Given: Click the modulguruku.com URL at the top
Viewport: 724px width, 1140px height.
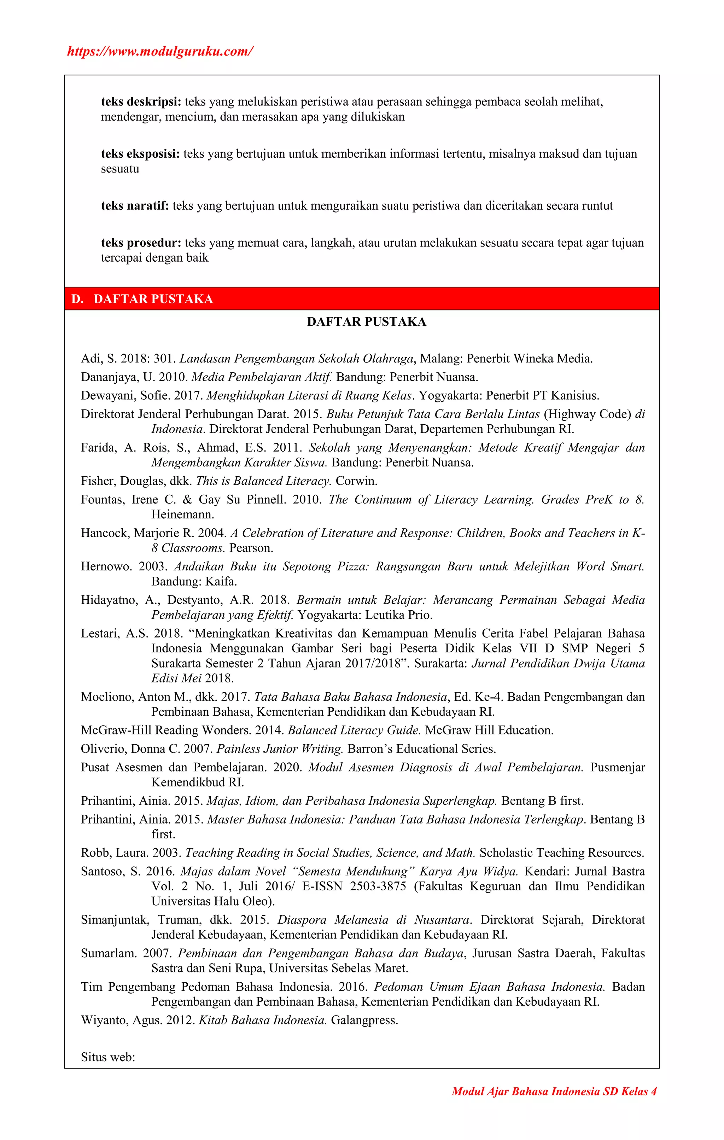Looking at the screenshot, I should (x=160, y=51).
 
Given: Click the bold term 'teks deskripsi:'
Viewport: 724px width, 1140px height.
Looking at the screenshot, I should (x=141, y=102).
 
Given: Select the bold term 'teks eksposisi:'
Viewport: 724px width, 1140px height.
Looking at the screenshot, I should (x=140, y=154).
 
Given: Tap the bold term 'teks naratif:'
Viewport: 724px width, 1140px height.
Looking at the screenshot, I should (x=135, y=206).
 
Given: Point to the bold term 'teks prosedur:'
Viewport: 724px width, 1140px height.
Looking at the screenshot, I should (x=141, y=243).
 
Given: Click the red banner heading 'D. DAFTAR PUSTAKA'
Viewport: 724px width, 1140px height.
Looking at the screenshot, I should (x=142, y=299).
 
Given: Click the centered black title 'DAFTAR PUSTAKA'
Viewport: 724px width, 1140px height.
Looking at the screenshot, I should (x=366, y=322).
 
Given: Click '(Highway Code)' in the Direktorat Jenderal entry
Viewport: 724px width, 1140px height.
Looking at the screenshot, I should (x=587, y=414).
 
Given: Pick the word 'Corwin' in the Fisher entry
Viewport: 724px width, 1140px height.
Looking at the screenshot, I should (x=356, y=481).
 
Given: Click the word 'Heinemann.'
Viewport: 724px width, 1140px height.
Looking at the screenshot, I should (x=183, y=514).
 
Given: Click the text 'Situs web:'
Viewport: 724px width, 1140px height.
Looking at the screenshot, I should (x=108, y=1057).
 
